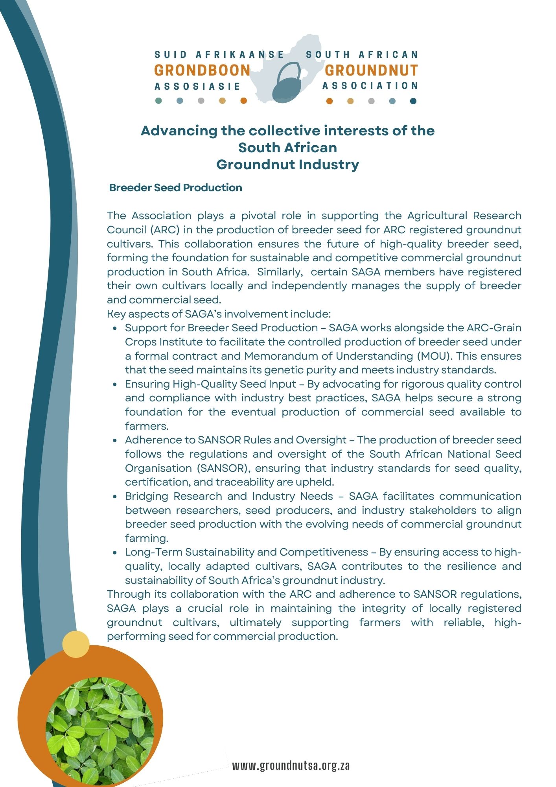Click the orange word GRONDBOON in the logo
[x=202, y=70]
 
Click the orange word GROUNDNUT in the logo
[x=371, y=70]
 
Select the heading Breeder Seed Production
[x=175, y=188]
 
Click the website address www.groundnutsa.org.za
[x=291, y=765]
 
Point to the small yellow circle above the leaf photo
[x=76, y=644]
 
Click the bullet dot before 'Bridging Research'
[x=115, y=497]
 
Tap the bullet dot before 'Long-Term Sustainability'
[x=115, y=553]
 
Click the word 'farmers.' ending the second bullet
[x=147, y=426]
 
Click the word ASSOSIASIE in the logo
[x=197, y=87]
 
